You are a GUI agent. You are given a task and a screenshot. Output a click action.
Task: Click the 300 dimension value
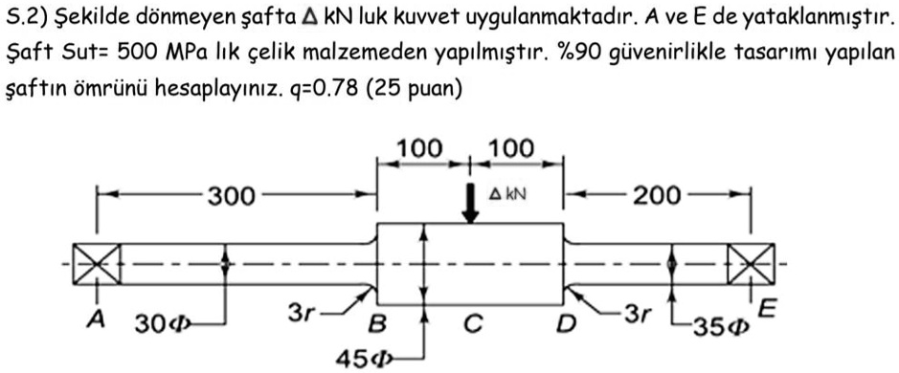point(233,197)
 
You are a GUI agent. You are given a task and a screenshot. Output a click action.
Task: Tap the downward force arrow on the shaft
point(469,202)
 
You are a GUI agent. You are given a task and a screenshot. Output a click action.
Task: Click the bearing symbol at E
point(744,260)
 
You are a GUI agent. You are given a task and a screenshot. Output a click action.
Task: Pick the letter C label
point(471,325)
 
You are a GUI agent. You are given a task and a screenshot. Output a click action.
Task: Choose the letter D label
point(567,325)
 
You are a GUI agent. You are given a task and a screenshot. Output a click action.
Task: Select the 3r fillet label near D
point(635,312)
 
